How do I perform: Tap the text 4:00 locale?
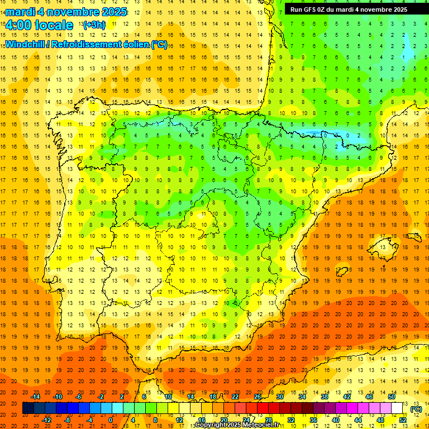click(x=39, y=25)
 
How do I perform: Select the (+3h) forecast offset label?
click(x=93, y=25)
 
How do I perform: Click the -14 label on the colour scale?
click(x=35, y=397)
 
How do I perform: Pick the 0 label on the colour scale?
click(x=110, y=420)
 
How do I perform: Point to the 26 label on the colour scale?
click(x=257, y=397)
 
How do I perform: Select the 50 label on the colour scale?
click(x=392, y=397)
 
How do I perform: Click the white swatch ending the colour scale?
click(x=397, y=408)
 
